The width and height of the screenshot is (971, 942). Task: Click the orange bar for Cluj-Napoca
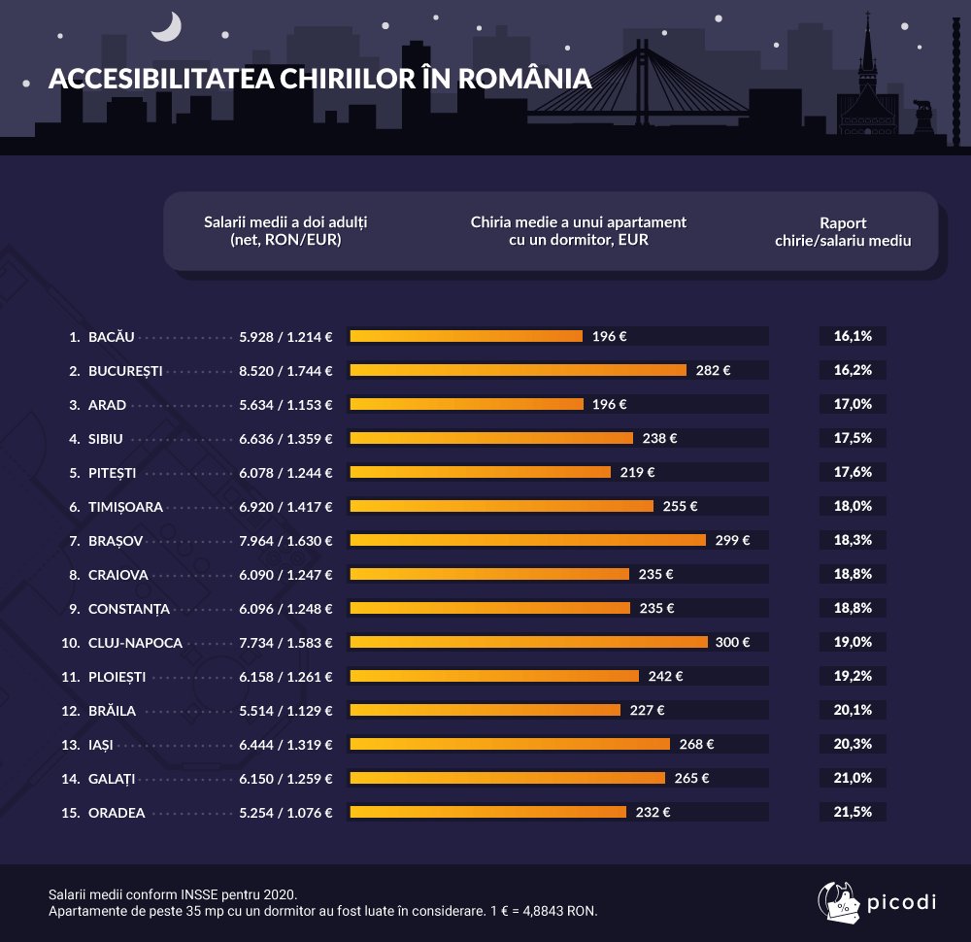[x=528, y=642]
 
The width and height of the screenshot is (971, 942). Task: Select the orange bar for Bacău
[x=465, y=336]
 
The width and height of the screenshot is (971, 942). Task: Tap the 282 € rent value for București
[x=713, y=370]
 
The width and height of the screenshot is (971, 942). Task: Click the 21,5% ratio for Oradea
[x=853, y=812]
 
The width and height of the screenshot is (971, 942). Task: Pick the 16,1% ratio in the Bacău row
[x=853, y=336]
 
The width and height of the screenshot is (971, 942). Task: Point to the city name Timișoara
[x=125, y=506]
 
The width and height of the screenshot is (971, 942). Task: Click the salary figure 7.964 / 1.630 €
[x=285, y=540]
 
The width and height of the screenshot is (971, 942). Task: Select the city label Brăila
[x=112, y=710]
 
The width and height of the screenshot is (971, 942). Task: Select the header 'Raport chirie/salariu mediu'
[x=843, y=231]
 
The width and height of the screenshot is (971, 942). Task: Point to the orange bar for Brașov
[x=527, y=540]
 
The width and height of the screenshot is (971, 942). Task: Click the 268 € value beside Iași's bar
[x=696, y=744]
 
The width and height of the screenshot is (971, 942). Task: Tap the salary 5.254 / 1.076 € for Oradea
[x=285, y=812]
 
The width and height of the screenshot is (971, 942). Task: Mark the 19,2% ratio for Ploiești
[x=853, y=676]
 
